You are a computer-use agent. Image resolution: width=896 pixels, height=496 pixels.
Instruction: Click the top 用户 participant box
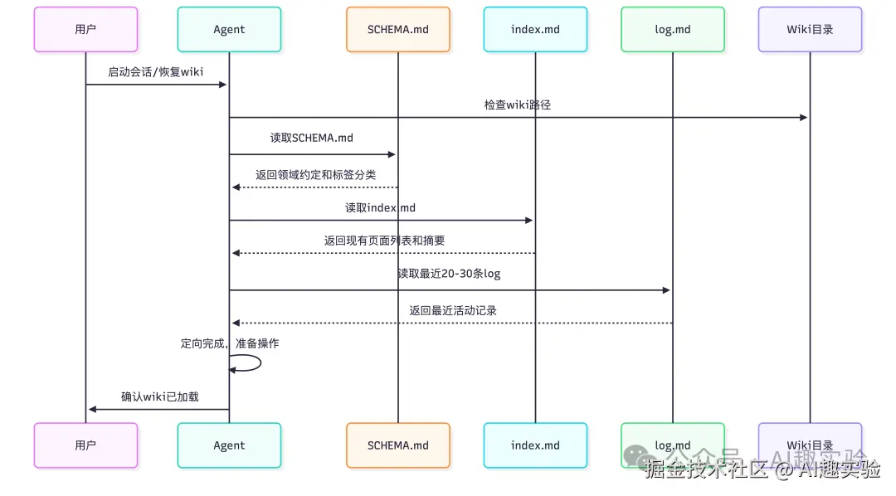[x=85, y=30]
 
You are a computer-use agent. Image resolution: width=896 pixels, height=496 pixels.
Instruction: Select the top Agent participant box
[x=229, y=30]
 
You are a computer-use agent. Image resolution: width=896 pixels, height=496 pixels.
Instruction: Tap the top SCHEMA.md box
[x=398, y=30]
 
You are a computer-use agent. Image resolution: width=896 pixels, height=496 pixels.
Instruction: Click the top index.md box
[x=535, y=30]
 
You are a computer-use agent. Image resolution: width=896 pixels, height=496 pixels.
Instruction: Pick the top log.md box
[x=672, y=30]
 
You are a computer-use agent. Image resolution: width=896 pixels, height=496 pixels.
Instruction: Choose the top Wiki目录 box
[x=810, y=30]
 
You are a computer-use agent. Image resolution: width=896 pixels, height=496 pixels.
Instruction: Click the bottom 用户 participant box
[x=85, y=445]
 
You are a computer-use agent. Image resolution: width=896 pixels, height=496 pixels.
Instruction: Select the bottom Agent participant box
[x=229, y=445]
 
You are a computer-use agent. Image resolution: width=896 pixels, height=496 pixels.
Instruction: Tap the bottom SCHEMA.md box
[x=398, y=445]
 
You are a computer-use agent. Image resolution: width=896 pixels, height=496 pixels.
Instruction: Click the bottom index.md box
[x=535, y=445]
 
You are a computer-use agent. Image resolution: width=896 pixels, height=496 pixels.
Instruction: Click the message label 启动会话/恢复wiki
[x=156, y=72]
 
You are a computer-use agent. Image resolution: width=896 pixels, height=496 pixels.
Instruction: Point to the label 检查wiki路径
[x=518, y=105]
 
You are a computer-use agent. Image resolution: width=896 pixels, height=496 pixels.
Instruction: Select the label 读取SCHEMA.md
[x=312, y=139]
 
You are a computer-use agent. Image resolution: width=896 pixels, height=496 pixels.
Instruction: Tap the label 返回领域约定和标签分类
[x=315, y=175]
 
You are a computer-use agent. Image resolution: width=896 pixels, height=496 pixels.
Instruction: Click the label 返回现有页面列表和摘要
[x=384, y=241]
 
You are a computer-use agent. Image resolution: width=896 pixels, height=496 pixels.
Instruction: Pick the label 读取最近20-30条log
[x=449, y=274]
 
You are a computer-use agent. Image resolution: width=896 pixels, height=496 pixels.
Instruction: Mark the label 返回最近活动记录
[x=453, y=311]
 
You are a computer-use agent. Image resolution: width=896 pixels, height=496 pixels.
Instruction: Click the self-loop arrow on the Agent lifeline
[x=249, y=363]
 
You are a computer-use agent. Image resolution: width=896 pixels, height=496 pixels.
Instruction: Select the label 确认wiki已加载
[x=160, y=396]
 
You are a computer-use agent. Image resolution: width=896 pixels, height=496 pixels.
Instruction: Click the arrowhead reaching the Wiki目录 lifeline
[x=803, y=118]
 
